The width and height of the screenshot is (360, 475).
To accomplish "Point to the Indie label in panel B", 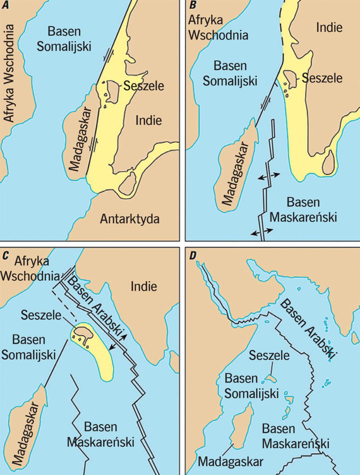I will coord(329,28).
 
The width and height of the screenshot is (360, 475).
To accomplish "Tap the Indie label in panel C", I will coord(143,286).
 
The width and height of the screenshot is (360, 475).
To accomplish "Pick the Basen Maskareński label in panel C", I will coord(100,434).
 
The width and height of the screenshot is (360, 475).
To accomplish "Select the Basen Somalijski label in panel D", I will coord(251,386).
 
